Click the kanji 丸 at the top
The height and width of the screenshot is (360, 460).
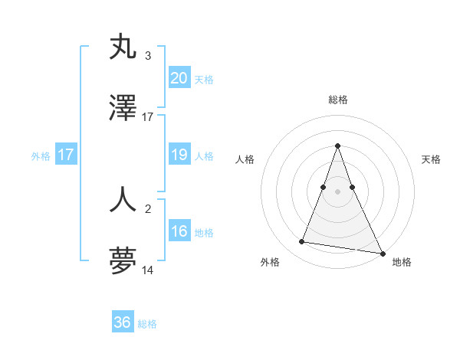click(x=123, y=47)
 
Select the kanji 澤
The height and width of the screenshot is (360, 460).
click(x=123, y=108)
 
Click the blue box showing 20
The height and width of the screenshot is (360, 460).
click(x=179, y=78)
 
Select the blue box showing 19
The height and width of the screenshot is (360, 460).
click(x=179, y=155)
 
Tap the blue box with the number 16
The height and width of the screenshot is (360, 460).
click(x=179, y=232)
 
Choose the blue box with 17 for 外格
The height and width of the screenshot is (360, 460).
click(x=66, y=155)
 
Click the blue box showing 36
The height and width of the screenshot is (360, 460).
click(x=123, y=322)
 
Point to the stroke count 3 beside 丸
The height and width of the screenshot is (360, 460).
click(x=148, y=56)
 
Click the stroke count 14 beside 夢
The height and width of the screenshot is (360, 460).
click(x=148, y=270)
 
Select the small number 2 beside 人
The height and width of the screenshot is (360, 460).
click(x=148, y=208)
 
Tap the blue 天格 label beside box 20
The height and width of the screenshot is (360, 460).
click(x=204, y=80)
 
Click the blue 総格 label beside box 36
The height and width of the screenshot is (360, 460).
click(x=147, y=324)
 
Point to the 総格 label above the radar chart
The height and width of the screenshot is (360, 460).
click(x=338, y=100)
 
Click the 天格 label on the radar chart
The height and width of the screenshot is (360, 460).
click(x=431, y=159)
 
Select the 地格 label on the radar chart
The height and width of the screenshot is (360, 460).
click(x=402, y=263)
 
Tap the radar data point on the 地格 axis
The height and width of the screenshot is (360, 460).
click(x=382, y=253)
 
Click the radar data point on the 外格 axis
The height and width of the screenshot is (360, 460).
click(x=302, y=242)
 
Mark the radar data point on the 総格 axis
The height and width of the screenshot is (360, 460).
click(x=338, y=146)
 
